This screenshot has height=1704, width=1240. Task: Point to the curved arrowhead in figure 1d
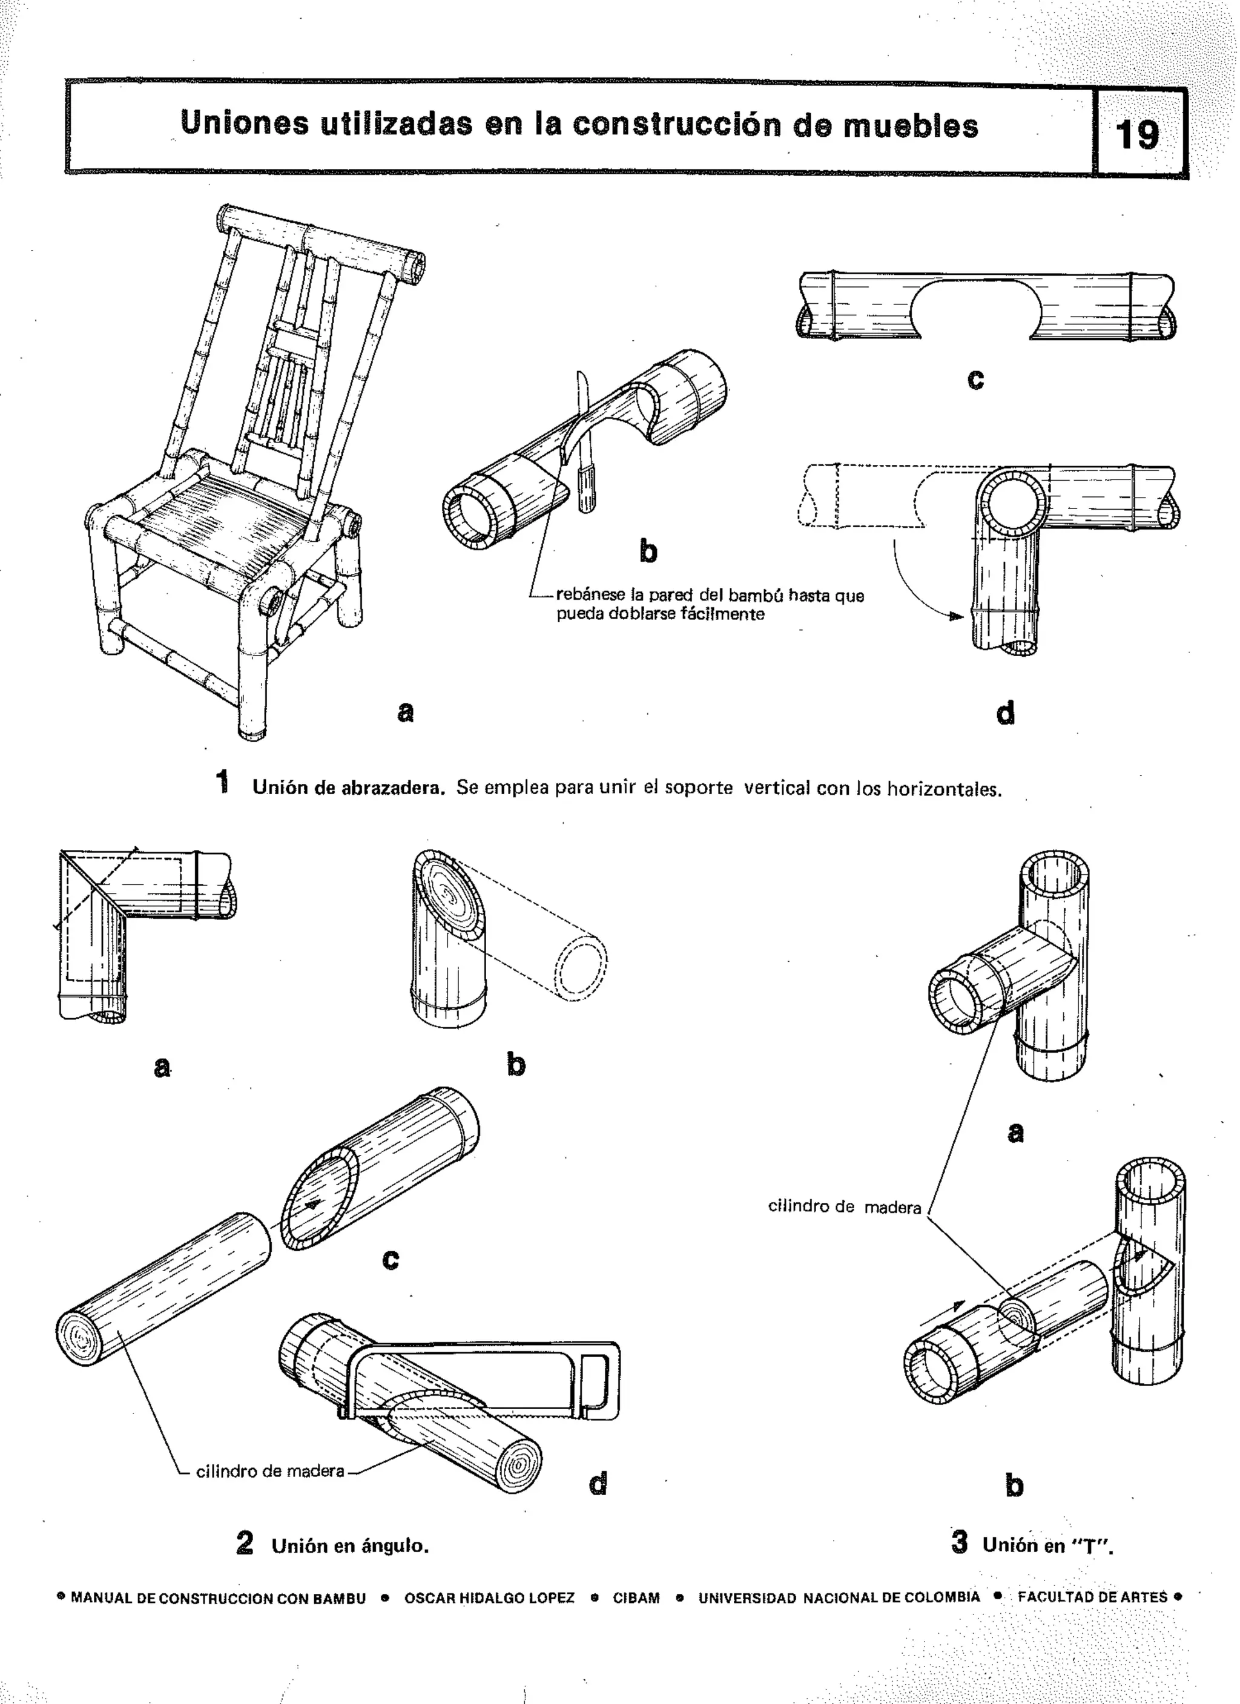tap(954, 617)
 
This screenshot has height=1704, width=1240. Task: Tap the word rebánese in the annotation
tap(590, 595)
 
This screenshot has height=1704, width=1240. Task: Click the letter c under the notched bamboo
tap(975, 380)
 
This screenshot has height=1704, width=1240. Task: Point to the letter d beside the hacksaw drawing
tap(598, 1482)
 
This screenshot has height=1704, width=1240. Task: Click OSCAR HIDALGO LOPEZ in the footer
tap(489, 1598)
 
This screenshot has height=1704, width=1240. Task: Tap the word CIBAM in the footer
tap(636, 1598)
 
